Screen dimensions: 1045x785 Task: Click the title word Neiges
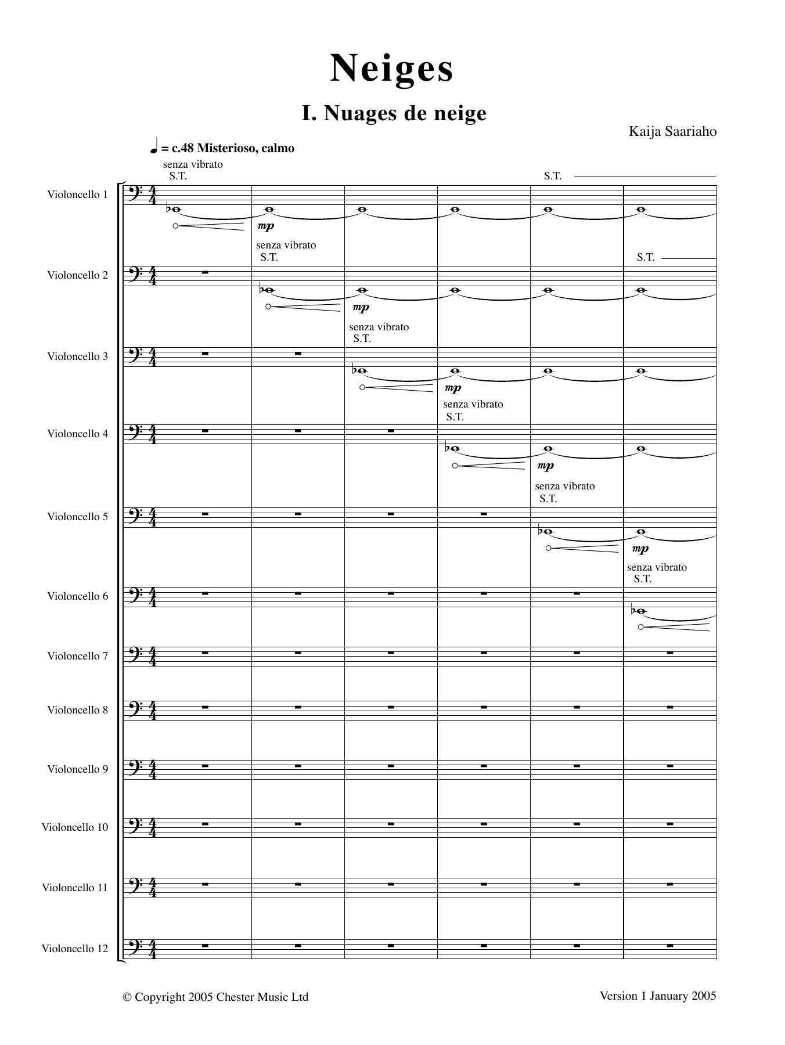[x=392, y=69]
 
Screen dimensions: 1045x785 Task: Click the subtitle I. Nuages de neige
[x=394, y=113]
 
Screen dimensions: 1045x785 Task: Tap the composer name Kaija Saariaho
[x=672, y=131]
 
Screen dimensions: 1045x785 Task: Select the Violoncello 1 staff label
[x=78, y=194]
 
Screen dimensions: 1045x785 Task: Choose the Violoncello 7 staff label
[x=78, y=656]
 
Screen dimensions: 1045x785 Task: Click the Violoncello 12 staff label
[x=75, y=949]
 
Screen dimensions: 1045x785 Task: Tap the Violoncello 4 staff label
[x=78, y=434]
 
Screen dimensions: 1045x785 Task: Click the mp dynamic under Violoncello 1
[x=265, y=226]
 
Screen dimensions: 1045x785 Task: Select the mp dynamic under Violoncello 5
[x=640, y=549]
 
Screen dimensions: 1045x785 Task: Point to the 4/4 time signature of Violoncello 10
[x=153, y=827]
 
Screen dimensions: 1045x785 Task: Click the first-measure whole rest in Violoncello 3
[x=205, y=354]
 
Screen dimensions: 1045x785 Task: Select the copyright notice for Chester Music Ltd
[x=215, y=997]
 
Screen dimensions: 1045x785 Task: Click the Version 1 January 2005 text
[x=658, y=996]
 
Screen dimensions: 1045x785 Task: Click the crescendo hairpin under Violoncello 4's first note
[x=489, y=466]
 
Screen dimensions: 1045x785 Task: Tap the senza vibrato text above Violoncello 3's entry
[x=379, y=327]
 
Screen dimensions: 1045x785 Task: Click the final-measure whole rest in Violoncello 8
[x=669, y=708]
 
